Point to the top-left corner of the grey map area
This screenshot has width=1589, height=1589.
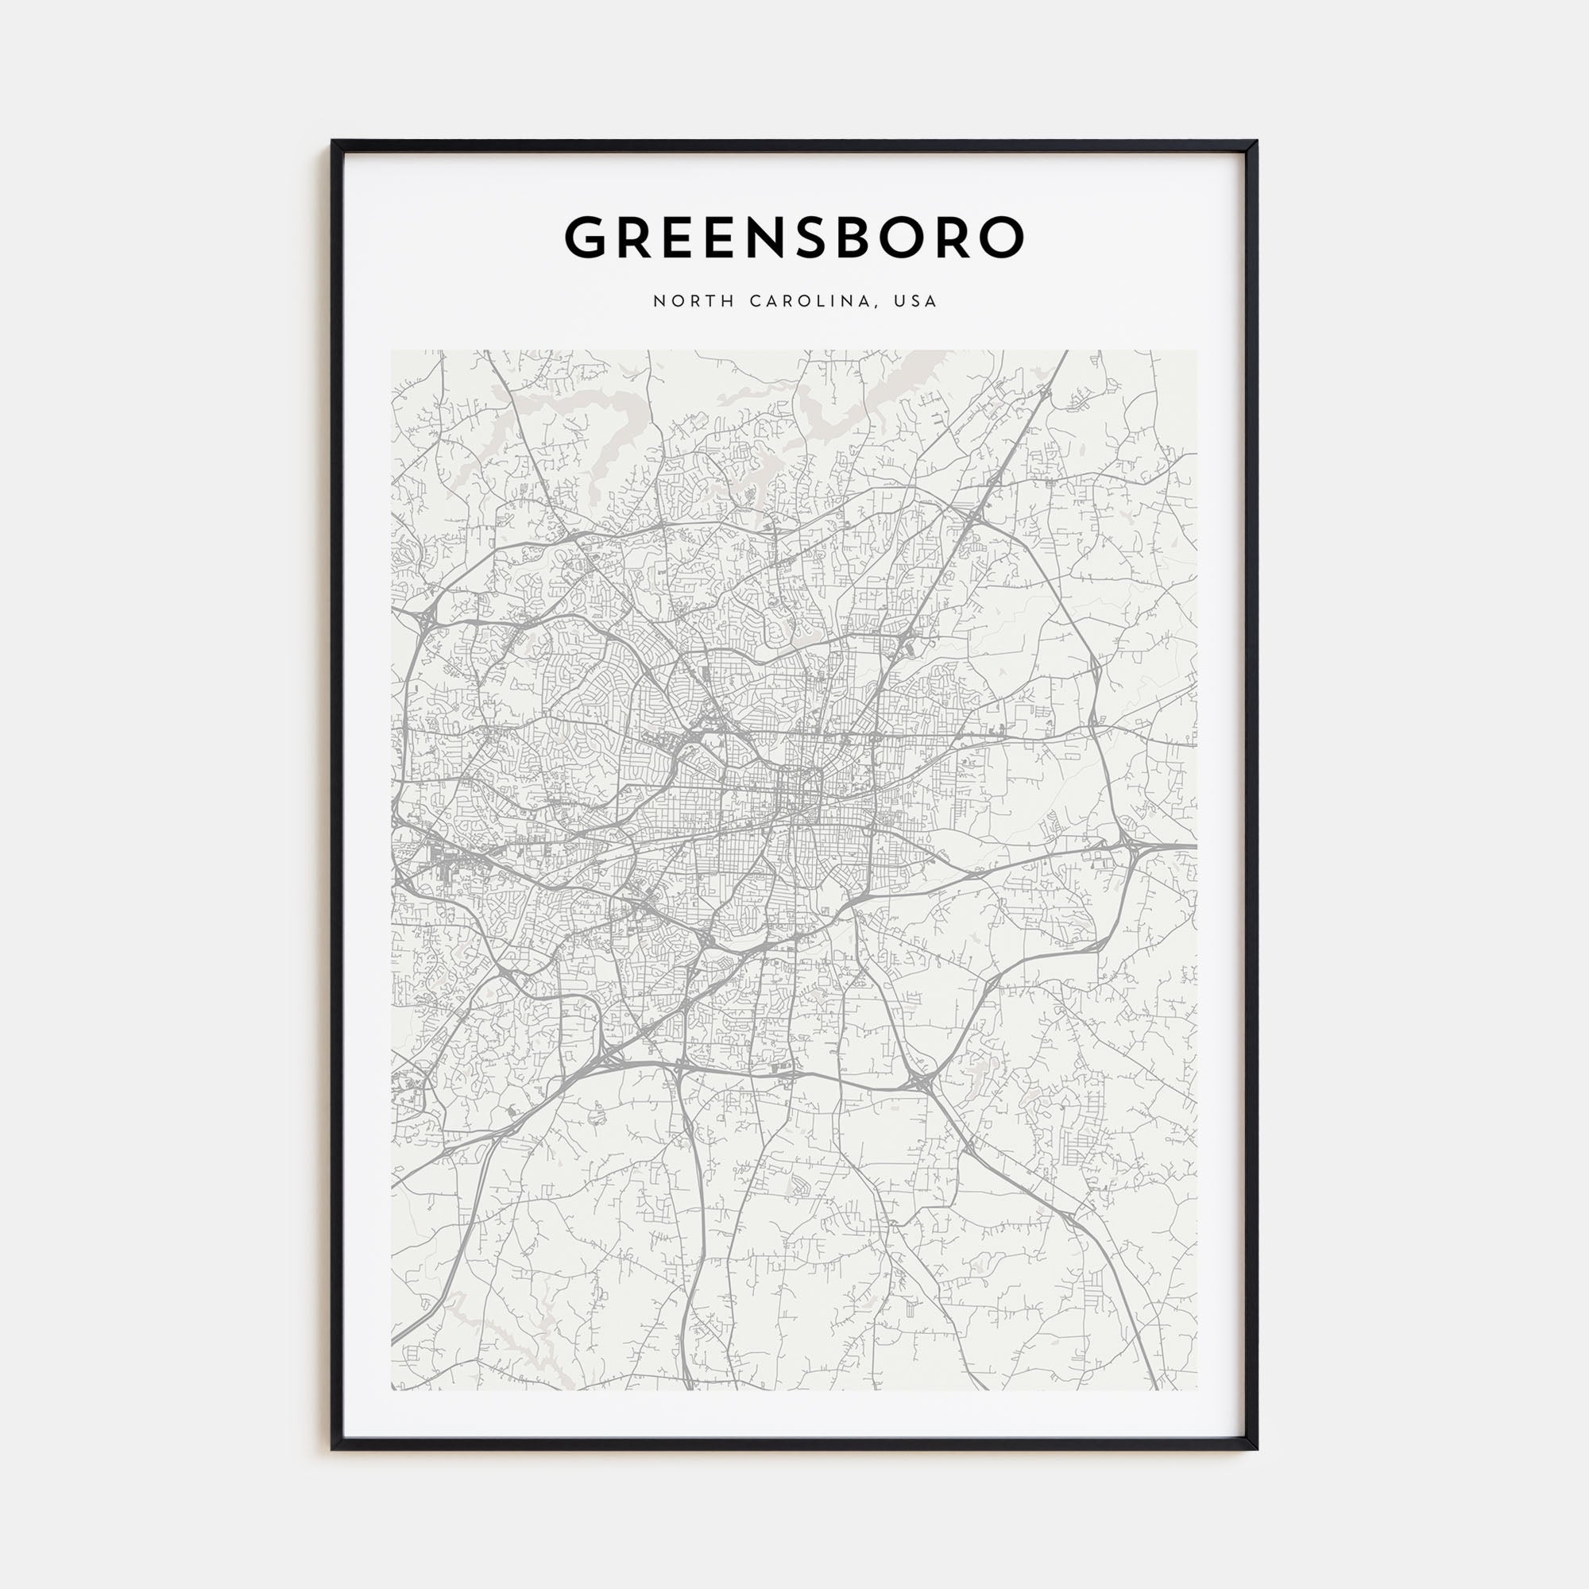click(x=392, y=351)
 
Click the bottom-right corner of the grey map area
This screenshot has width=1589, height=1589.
click(x=1197, y=1389)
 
